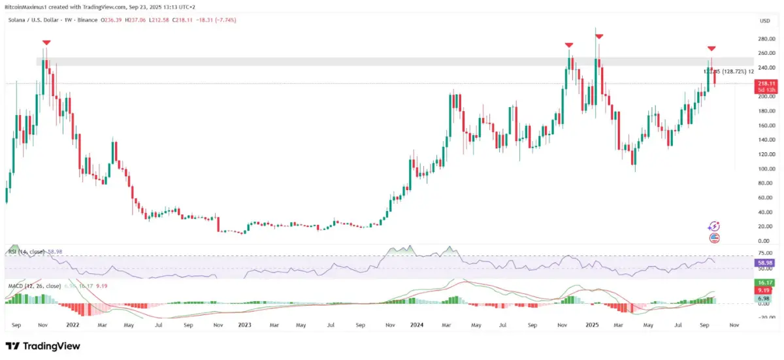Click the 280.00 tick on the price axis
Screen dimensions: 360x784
coord(766,39)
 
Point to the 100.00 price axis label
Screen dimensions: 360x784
coord(766,169)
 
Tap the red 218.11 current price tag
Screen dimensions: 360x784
coord(766,84)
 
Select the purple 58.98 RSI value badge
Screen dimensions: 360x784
coord(766,262)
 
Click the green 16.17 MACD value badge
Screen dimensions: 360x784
coord(766,282)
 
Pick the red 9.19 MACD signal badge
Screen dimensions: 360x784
coord(766,290)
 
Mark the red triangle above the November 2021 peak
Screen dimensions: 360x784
coord(45,43)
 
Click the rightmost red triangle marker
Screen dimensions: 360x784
coord(711,49)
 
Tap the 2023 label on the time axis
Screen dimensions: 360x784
coord(246,325)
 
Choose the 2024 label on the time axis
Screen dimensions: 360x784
coord(419,325)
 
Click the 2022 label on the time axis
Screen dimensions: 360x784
coord(73,325)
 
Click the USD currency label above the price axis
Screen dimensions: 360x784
coord(764,21)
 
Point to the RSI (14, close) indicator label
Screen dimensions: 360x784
coord(25,251)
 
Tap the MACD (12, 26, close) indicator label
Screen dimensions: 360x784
coord(33,286)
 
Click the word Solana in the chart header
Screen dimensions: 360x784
coord(18,20)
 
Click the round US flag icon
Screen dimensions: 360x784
coord(714,238)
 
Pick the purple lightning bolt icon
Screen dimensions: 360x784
coord(714,226)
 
